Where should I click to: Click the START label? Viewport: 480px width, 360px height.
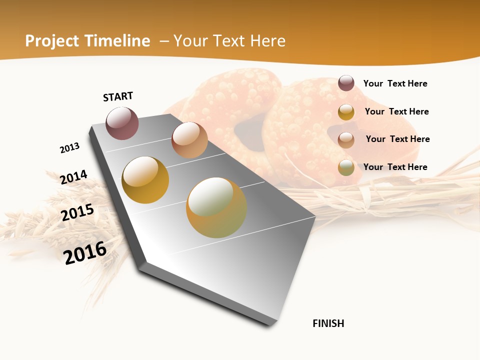click(118, 96)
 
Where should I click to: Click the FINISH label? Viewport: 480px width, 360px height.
click(328, 323)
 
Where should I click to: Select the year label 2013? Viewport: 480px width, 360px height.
click(69, 148)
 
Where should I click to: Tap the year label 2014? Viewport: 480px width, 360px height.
click(73, 177)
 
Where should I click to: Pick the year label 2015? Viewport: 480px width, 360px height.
click(77, 212)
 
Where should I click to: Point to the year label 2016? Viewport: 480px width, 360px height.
click(85, 252)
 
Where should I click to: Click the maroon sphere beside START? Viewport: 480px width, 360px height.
click(122, 123)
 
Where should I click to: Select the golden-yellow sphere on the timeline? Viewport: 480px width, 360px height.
click(145, 180)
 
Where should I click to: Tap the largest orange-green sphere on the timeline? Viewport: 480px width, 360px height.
click(216, 207)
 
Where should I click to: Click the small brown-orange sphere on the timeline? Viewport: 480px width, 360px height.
click(189, 140)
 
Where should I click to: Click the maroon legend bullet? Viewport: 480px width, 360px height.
click(346, 83)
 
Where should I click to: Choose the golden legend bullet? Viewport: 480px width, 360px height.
click(346, 112)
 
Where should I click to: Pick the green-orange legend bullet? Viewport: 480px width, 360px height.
click(346, 167)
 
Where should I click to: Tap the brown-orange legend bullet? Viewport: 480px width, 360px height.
click(346, 140)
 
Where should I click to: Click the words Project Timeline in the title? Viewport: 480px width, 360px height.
click(87, 41)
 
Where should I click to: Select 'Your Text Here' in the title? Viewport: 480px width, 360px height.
click(229, 41)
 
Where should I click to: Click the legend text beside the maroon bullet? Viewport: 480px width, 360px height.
click(395, 83)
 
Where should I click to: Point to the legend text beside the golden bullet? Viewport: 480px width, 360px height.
click(396, 111)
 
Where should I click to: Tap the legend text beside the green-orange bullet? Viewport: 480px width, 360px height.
click(395, 167)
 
